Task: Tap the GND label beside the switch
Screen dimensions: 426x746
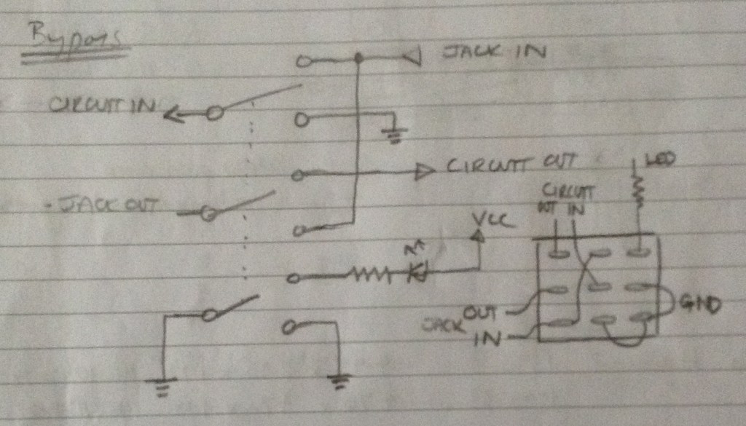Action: click(x=699, y=304)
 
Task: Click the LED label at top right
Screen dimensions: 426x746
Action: click(x=661, y=158)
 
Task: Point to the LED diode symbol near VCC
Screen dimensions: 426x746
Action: click(x=418, y=272)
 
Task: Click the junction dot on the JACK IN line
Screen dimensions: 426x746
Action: click(x=357, y=59)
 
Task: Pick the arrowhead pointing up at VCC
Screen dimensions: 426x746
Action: click(x=478, y=236)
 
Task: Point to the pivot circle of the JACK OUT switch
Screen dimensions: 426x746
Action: click(x=208, y=213)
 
